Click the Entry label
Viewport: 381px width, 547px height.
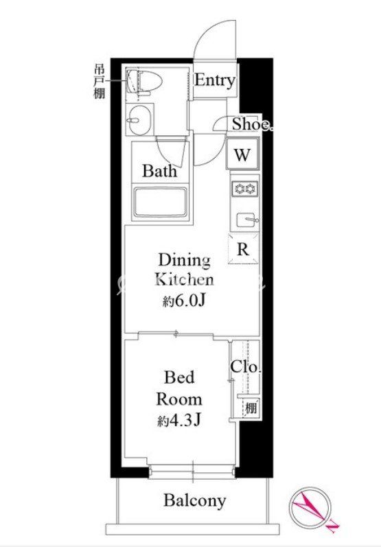(215, 80)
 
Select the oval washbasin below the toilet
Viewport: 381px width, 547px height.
(140, 119)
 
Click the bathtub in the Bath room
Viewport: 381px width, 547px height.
(160, 203)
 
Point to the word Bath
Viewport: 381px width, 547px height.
(159, 171)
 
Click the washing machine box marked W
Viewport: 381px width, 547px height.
(242, 154)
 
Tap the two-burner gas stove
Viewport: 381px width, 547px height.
(245, 189)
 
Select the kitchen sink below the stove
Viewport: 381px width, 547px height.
(247, 220)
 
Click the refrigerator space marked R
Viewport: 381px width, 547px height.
(243, 249)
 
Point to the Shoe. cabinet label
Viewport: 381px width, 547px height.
(251, 124)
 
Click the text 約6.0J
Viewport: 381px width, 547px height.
(183, 301)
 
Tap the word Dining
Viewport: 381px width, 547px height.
(185, 260)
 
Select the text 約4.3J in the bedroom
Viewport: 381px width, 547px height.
(178, 421)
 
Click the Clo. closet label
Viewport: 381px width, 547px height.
(246, 366)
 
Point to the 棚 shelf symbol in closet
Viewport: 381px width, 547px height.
(251, 408)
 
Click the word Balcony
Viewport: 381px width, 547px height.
(195, 500)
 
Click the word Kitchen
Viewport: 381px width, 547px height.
(184, 280)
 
